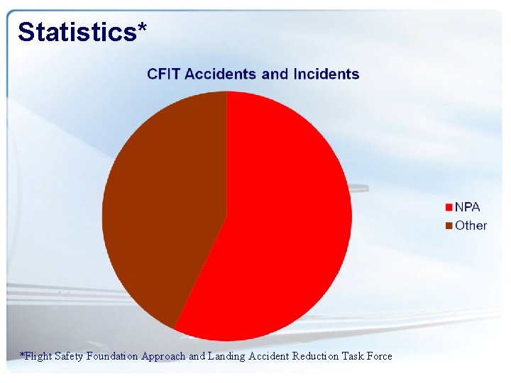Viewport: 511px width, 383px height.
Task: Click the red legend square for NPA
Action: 449,208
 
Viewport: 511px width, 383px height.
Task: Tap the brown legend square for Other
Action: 449,226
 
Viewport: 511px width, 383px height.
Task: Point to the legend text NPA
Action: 467,207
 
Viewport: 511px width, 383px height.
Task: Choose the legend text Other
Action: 471,226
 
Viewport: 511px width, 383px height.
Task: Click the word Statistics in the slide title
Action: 75,32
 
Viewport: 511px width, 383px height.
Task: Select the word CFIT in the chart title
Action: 164,74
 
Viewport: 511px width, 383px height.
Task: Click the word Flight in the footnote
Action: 38,356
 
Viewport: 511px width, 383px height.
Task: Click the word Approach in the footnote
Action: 163,356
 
